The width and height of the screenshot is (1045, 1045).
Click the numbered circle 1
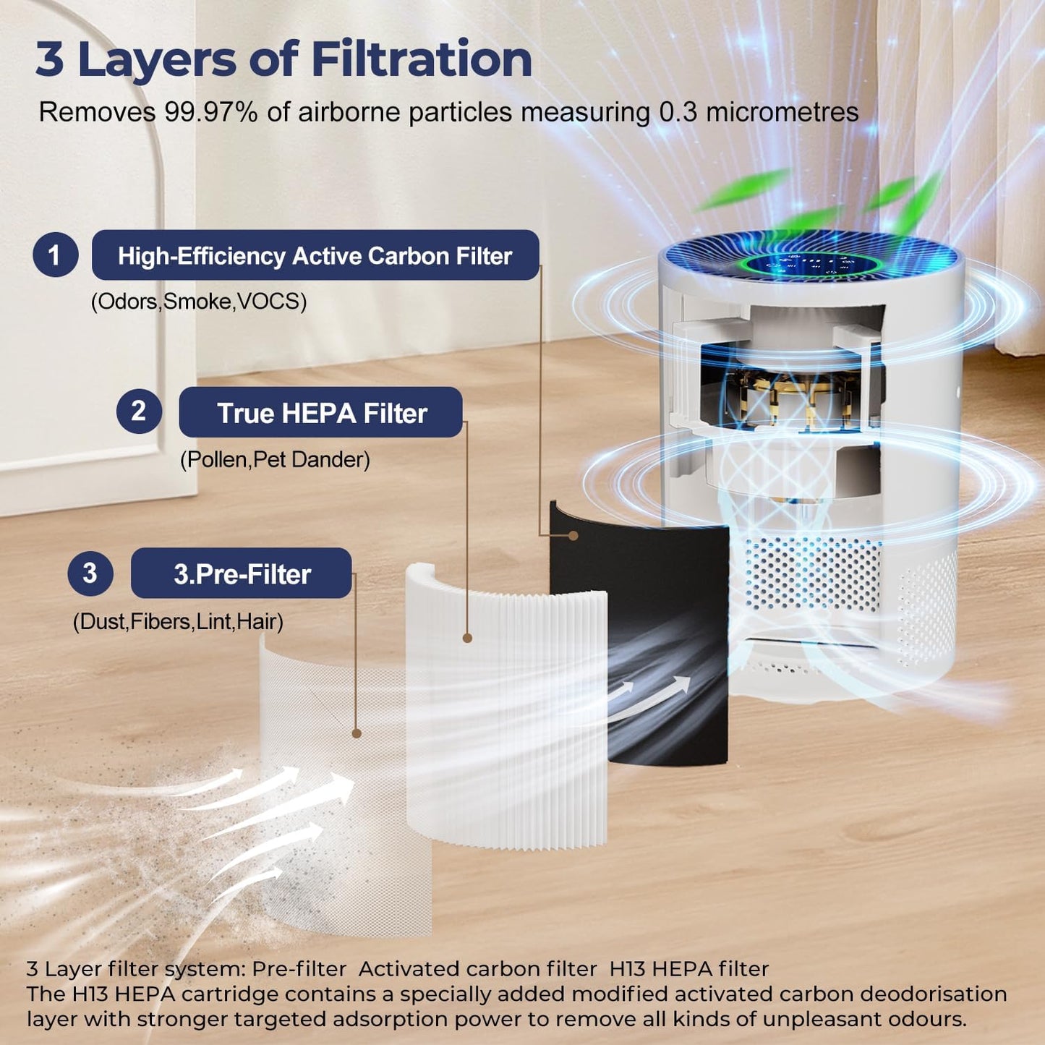point(55,255)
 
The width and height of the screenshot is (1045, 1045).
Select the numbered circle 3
point(90,573)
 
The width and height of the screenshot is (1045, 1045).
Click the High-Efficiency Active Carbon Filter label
point(315,255)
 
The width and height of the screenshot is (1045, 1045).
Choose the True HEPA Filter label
point(321,412)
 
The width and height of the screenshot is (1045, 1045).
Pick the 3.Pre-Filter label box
point(242,573)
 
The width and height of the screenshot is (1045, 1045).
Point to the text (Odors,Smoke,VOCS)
point(198,302)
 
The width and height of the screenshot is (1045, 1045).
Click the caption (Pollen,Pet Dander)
point(275,460)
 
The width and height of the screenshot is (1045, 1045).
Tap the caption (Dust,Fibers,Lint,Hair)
point(178,621)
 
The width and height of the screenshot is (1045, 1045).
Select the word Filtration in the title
point(422,59)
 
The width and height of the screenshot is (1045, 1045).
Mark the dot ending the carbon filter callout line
point(573,535)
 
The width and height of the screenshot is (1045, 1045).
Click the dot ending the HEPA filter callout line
point(467,639)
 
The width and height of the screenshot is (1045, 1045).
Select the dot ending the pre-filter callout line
point(357,733)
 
